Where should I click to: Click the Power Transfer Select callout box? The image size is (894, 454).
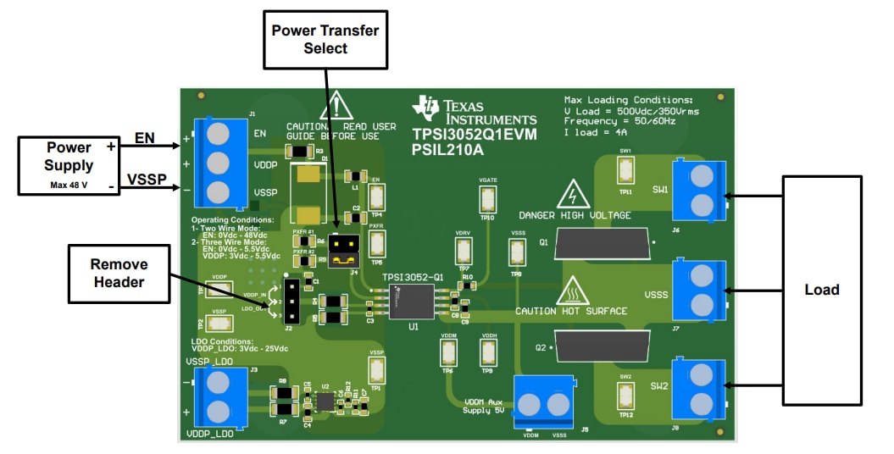click(x=325, y=39)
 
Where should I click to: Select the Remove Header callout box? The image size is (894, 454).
click(x=119, y=273)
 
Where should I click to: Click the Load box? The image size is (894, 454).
click(x=821, y=290)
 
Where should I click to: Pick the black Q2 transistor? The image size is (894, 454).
click(x=602, y=345)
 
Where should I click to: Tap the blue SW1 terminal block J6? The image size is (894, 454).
click(x=701, y=190)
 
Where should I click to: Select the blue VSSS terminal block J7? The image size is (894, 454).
click(x=701, y=290)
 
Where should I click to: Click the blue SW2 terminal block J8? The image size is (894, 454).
click(x=701, y=388)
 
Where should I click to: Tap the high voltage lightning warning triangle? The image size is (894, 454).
click(x=574, y=197)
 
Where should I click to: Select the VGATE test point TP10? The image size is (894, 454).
click(x=487, y=200)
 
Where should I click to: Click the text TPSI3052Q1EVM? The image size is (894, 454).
click(x=474, y=135)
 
